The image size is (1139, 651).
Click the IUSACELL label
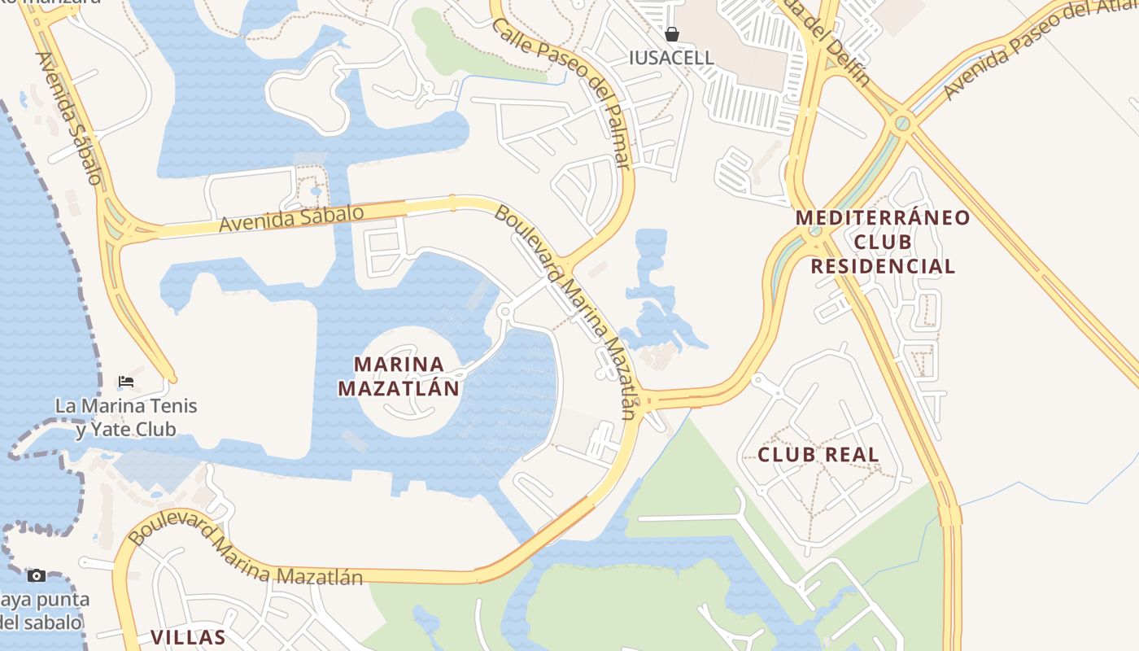[x=672, y=58]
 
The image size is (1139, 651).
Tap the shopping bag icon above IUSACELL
[x=672, y=34]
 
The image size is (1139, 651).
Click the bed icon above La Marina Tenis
[x=125, y=381]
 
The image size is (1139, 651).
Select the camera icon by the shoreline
[x=36, y=576]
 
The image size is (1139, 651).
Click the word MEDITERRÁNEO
[x=883, y=218]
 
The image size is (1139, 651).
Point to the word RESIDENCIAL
[x=883, y=266]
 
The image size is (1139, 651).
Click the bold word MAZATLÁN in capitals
[x=399, y=389]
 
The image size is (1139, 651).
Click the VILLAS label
[x=188, y=637]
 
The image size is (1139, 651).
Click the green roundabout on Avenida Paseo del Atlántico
[x=901, y=125]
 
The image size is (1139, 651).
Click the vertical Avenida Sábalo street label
[x=72, y=118]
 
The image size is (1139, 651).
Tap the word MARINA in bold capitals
[x=399, y=365]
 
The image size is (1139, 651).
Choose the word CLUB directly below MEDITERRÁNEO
[x=883, y=242]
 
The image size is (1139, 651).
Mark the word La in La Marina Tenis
[x=65, y=405]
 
